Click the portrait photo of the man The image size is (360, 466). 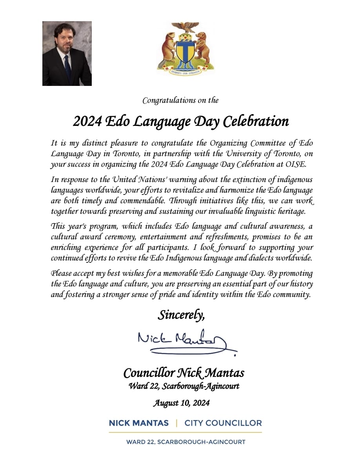coord(67,53)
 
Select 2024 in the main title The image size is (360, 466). coord(86,122)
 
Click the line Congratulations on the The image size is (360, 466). coord(180,100)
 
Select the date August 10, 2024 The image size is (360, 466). coord(181,403)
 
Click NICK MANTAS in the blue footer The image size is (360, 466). coord(139,423)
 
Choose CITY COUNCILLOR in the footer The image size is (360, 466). coord(223,423)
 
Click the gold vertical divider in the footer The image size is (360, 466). coord(176,423)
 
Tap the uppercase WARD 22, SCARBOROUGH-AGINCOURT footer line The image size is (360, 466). coord(185,442)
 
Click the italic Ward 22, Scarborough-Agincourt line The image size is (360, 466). coord(184,386)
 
